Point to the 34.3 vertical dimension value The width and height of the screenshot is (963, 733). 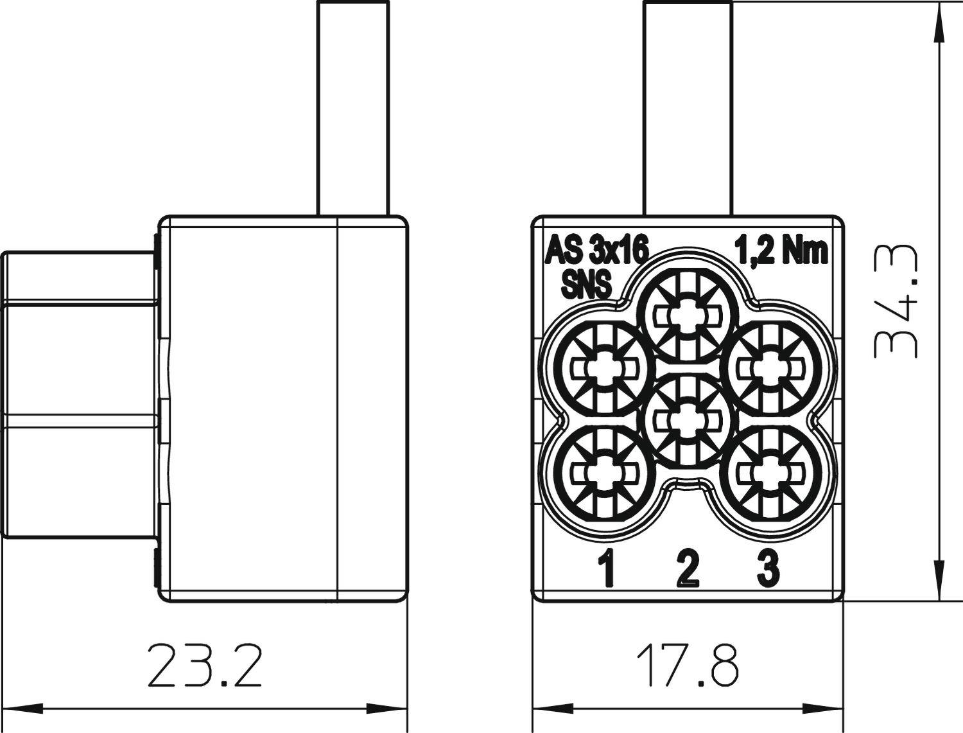point(895,301)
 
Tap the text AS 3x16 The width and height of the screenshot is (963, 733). point(596,249)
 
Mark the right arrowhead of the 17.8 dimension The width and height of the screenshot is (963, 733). point(832,709)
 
